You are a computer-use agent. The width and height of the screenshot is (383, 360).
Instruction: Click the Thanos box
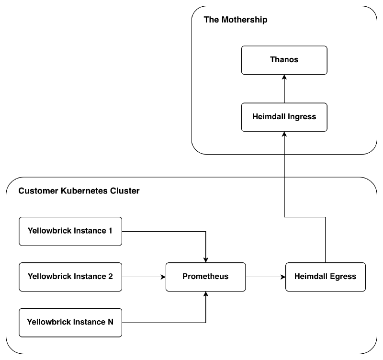pos(284,60)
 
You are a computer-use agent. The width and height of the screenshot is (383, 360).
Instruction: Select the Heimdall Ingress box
pos(284,116)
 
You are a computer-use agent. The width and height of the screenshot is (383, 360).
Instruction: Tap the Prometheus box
pos(205,277)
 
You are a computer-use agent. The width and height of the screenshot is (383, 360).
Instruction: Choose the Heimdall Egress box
pos(325,277)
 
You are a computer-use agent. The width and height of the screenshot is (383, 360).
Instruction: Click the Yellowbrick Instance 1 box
pos(70,231)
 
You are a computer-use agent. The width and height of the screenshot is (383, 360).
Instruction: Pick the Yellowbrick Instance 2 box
pos(70,277)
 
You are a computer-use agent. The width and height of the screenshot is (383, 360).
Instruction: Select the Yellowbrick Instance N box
pos(70,322)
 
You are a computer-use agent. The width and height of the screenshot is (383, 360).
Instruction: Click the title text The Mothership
pos(236,20)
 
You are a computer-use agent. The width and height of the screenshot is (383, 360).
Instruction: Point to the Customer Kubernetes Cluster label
pos(79,191)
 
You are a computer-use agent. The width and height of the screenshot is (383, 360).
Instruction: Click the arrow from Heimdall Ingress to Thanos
pos(284,89)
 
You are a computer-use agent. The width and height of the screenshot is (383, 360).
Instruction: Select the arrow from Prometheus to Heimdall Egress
pos(265,277)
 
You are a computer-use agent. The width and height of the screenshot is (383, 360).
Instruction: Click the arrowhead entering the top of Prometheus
pos(205,259)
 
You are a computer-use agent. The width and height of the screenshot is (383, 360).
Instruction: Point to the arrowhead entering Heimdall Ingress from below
pos(284,135)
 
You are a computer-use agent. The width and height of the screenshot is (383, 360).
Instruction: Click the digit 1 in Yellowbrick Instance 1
pos(110,231)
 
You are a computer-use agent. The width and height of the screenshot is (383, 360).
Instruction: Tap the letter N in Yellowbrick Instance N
pos(110,322)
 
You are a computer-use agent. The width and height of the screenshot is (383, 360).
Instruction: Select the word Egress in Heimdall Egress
pos(343,277)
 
